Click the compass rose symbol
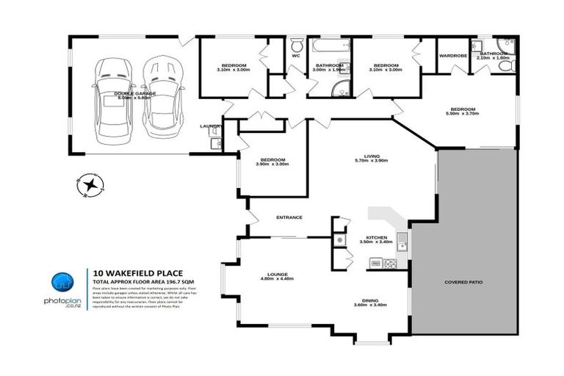pyautogui.click(x=90, y=184)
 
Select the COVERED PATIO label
pyautogui.click(x=463, y=282)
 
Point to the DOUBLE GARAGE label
pyautogui.click(x=134, y=93)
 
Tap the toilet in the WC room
pyautogui.click(x=297, y=43)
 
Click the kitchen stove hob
pyautogui.click(x=391, y=263)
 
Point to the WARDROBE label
pyautogui.click(x=453, y=55)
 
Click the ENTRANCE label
pyautogui.click(x=289, y=217)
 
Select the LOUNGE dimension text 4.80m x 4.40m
pyautogui.click(x=277, y=278)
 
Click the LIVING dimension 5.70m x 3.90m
pyautogui.click(x=371, y=160)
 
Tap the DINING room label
pyautogui.click(x=370, y=299)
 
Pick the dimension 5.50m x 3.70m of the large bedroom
pyautogui.click(x=463, y=114)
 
